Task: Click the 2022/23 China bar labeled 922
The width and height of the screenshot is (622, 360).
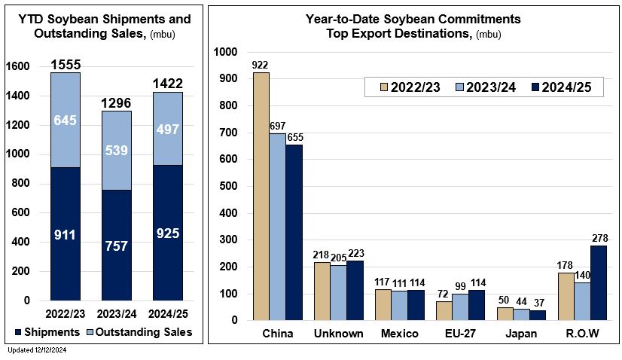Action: coord(261,196)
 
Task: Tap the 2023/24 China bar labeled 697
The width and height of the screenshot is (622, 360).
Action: coord(277,226)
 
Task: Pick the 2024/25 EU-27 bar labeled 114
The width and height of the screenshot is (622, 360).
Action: coord(476,305)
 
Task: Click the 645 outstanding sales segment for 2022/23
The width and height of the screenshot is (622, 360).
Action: coord(66,120)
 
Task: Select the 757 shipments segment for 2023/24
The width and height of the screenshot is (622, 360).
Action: coord(117,246)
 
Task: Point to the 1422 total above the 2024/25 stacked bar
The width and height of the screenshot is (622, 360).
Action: coord(167,83)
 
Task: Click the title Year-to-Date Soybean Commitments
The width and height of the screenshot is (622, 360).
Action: coord(413,18)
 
